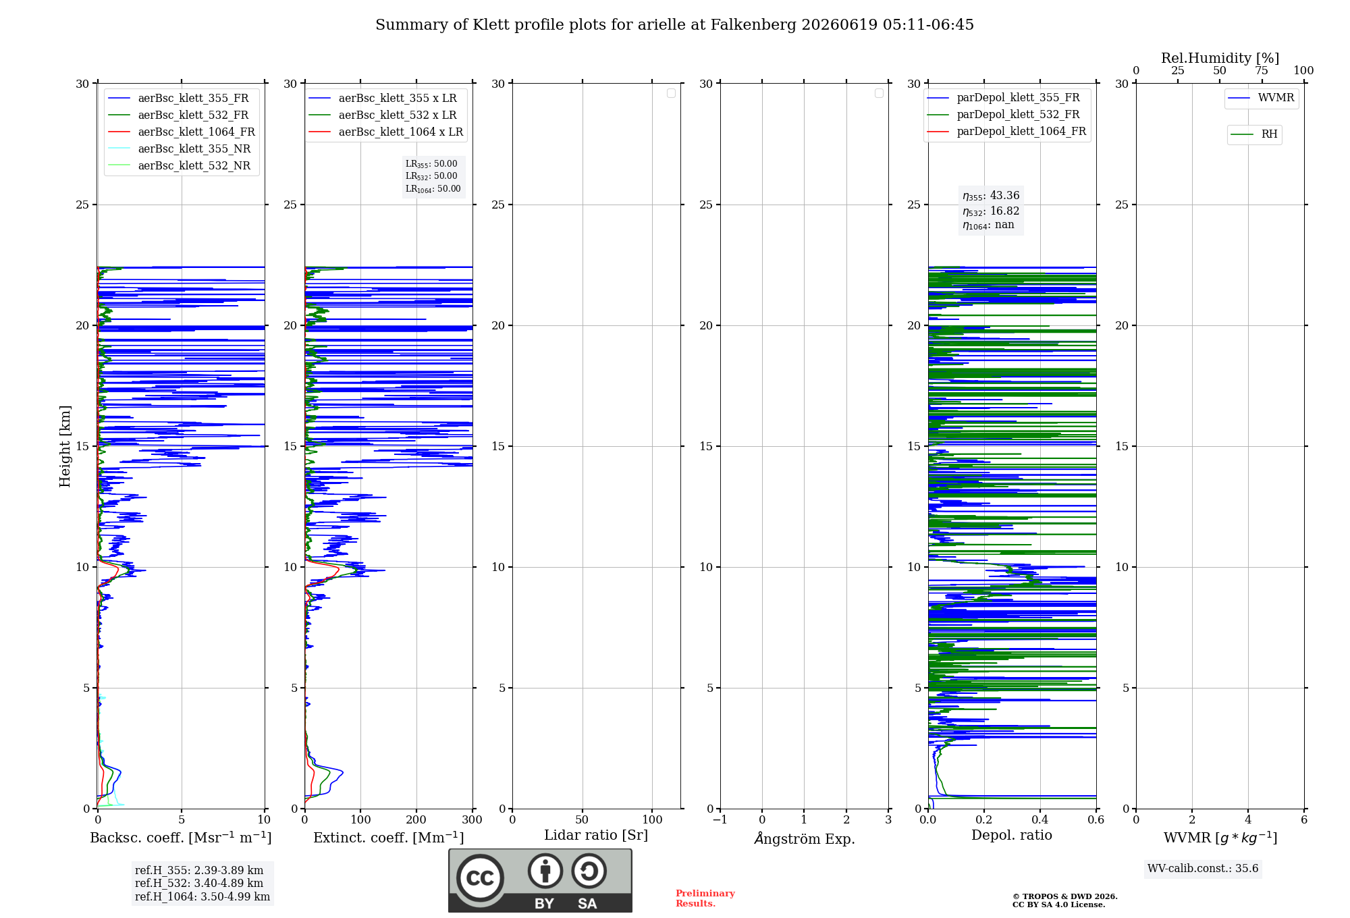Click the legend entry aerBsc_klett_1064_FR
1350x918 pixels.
(x=181, y=132)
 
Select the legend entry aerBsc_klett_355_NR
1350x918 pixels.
(x=179, y=148)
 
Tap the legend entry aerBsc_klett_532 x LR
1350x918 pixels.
(x=382, y=115)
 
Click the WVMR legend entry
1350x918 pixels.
(x=1261, y=98)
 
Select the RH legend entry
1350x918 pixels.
(x=1254, y=134)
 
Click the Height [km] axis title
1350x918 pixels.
(x=65, y=446)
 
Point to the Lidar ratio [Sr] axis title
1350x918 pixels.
(x=596, y=835)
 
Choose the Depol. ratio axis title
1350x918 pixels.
(x=1012, y=835)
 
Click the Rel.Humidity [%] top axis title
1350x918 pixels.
(x=1220, y=58)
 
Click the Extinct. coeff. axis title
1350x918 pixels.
(x=389, y=838)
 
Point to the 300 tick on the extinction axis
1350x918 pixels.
(x=473, y=819)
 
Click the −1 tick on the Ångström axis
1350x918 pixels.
(x=720, y=819)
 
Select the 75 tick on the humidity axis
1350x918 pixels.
(x=1262, y=70)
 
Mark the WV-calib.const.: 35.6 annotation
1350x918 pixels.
(x=1203, y=868)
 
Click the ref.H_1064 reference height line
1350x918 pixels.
(x=202, y=896)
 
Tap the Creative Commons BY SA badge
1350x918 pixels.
(x=540, y=880)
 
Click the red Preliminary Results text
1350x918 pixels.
(x=705, y=898)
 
